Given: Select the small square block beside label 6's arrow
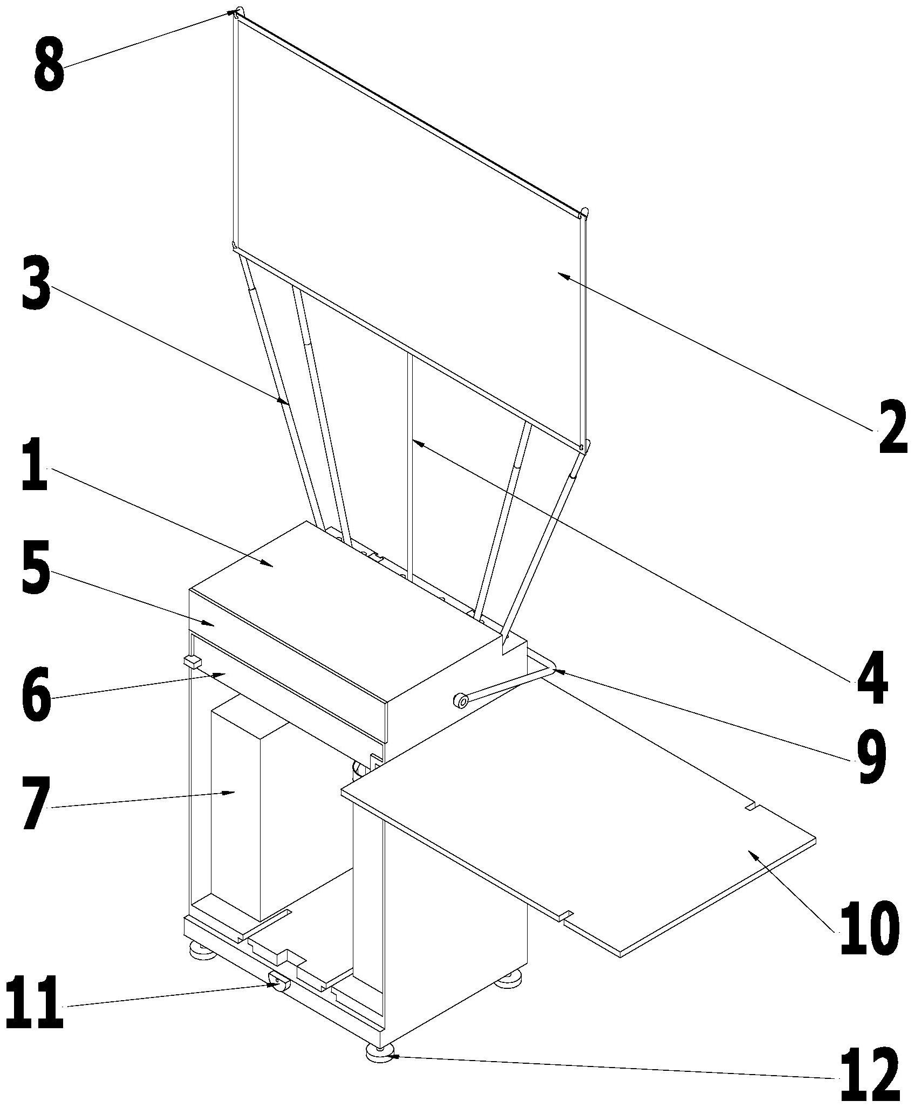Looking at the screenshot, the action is (193, 661).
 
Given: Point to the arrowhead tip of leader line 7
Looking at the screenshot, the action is (236, 792).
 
